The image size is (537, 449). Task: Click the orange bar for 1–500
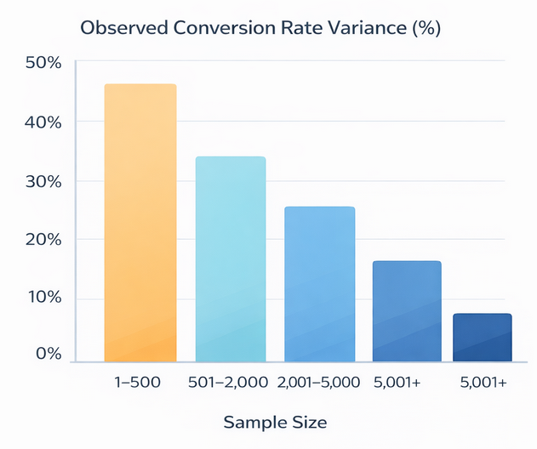[140, 224]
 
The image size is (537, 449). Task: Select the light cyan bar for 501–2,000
[230, 260]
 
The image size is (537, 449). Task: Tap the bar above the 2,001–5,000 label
[319, 285]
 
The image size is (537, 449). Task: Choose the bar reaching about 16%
[407, 311]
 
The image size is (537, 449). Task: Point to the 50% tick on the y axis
[43, 63]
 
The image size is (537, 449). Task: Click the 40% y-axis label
[43, 122]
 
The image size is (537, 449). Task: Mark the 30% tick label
[43, 181]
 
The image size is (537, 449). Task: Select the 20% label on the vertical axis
[43, 239]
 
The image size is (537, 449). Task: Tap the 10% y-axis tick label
[43, 298]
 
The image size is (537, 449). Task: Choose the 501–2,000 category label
[229, 384]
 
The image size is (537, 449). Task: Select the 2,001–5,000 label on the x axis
[319, 384]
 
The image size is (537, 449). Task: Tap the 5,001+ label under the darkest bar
[482, 384]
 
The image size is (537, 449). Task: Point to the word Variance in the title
[357, 28]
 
